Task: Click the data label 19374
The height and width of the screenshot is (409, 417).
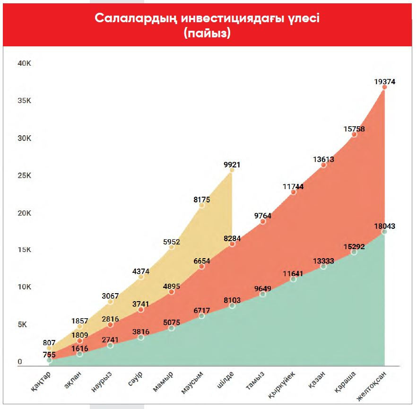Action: coord(384,81)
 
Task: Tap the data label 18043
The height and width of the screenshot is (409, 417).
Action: coord(384,226)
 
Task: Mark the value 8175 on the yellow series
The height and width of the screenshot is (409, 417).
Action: coord(201,200)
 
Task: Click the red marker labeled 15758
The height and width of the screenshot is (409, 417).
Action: coord(354,134)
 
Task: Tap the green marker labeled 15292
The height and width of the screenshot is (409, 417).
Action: coord(354,252)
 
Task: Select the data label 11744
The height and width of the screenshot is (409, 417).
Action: coord(293,186)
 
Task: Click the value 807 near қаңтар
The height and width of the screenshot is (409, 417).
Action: coord(49,342)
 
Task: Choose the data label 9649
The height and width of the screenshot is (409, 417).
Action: coord(262,288)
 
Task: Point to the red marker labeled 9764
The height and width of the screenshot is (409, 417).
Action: coord(263,221)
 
